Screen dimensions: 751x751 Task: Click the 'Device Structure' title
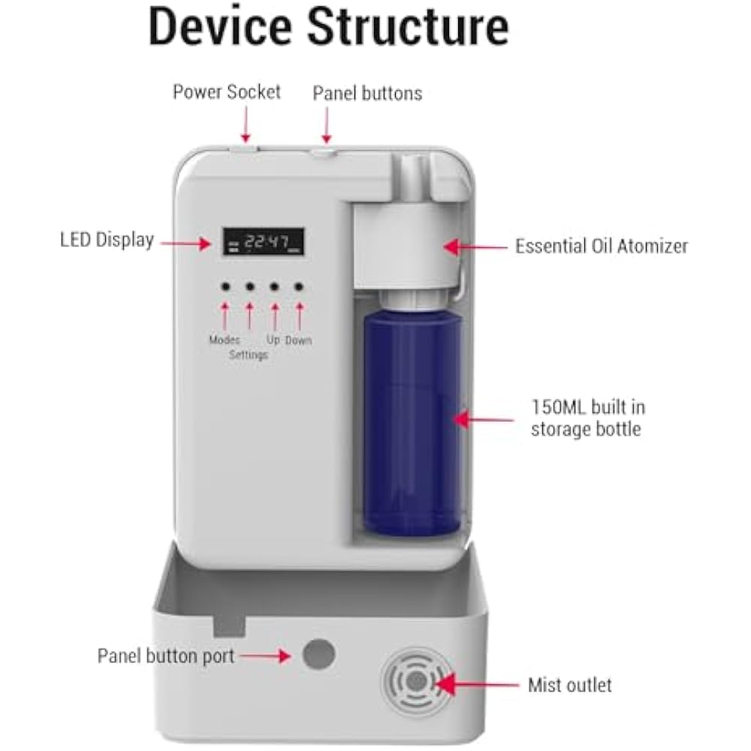tap(328, 28)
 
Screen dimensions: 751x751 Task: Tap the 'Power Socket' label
tap(226, 92)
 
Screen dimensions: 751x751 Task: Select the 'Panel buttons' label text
tap(367, 93)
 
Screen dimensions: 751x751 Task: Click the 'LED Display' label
tap(107, 240)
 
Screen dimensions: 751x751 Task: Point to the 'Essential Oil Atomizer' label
tap(601, 246)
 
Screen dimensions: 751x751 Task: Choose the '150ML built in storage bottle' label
tap(587, 418)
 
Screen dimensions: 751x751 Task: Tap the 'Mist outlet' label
tap(569, 685)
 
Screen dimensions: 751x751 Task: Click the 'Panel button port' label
tap(166, 656)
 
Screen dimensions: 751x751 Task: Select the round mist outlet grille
tap(417, 682)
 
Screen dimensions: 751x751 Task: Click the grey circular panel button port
tap(318, 655)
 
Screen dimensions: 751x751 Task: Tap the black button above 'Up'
tap(275, 288)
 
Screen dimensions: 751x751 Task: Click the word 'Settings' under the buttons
tap(249, 354)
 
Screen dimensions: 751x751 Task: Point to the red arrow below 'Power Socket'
tap(245, 122)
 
